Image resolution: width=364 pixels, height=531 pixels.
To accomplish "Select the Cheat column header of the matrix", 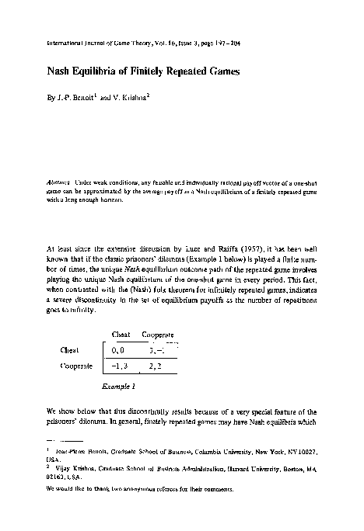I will coord(121,335).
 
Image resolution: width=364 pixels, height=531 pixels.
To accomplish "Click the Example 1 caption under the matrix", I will coord(119,384).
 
